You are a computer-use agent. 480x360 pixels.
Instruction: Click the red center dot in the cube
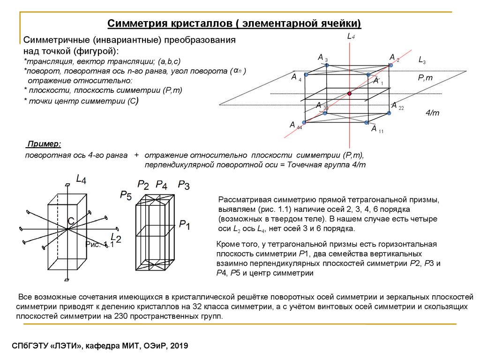pos(349,94)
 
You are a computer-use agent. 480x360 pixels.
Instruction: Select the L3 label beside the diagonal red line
pos(422,60)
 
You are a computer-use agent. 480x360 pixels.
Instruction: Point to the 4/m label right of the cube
pos(432,113)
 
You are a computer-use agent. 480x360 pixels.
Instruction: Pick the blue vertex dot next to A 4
pos(306,75)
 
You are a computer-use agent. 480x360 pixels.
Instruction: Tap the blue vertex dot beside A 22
pos(389,113)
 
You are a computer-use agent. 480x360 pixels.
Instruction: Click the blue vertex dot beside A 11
pos(366,123)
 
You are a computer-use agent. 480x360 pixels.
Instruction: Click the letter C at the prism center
pos(71,220)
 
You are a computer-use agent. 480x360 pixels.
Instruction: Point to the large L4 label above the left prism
pos(81,179)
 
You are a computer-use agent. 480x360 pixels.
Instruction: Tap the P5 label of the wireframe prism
pos(125,195)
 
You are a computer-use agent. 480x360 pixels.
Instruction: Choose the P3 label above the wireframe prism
pos(183,185)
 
